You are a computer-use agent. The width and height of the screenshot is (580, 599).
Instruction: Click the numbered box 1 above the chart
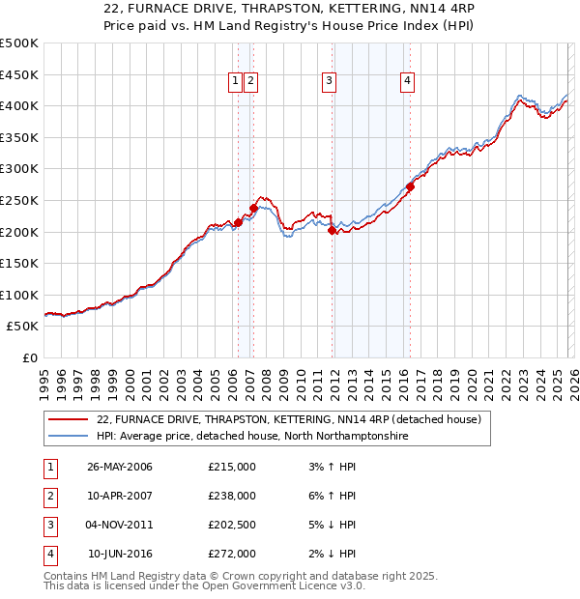pyautogui.click(x=236, y=81)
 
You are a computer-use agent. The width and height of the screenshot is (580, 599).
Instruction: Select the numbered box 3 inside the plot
pyautogui.click(x=330, y=81)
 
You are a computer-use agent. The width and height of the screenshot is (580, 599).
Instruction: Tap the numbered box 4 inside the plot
pyautogui.click(x=408, y=81)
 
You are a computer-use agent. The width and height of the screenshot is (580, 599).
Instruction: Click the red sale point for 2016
pyautogui.click(x=410, y=187)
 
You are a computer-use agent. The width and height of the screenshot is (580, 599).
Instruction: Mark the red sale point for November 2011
pyautogui.click(x=332, y=231)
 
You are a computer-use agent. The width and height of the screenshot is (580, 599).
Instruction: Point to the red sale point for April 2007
pyautogui.click(x=253, y=208)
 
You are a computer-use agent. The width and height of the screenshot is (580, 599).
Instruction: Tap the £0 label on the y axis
pyautogui.click(x=28, y=357)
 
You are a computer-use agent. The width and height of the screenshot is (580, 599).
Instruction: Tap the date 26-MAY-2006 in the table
pyautogui.click(x=120, y=467)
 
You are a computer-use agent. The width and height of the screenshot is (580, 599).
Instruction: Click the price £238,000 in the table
pyautogui.click(x=232, y=496)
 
